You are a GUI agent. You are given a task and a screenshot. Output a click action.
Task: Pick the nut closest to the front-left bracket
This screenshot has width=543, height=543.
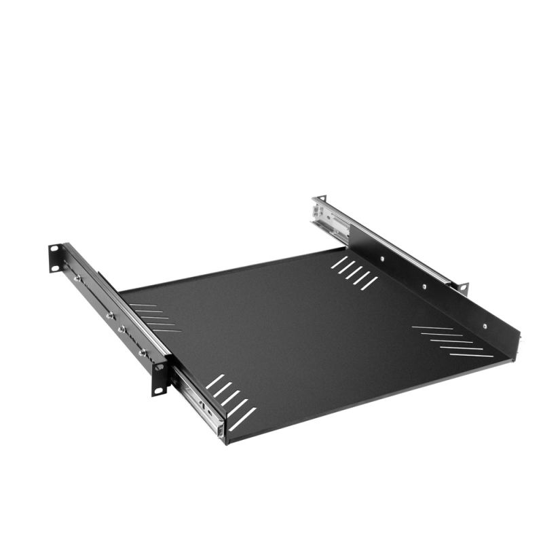[x=143, y=353]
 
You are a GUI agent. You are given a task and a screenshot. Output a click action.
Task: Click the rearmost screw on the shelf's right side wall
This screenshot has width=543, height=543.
[x=382, y=258]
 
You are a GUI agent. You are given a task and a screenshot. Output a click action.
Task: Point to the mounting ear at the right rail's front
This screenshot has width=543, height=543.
[x=464, y=288]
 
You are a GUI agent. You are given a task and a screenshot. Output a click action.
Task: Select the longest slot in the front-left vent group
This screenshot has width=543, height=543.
[x=242, y=419]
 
